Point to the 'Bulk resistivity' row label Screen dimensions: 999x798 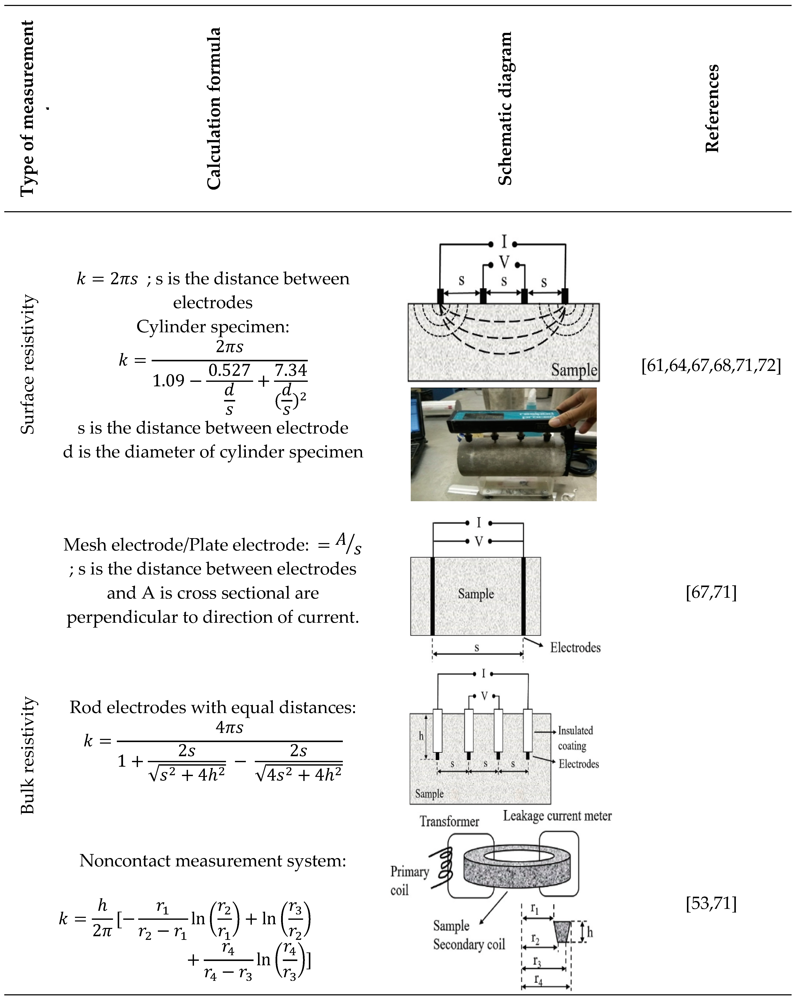(x=28, y=755)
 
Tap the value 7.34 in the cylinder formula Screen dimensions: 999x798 (x=290, y=370)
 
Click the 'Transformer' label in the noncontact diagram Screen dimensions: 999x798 (x=449, y=822)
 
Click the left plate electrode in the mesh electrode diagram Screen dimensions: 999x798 (x=432, y=596)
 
